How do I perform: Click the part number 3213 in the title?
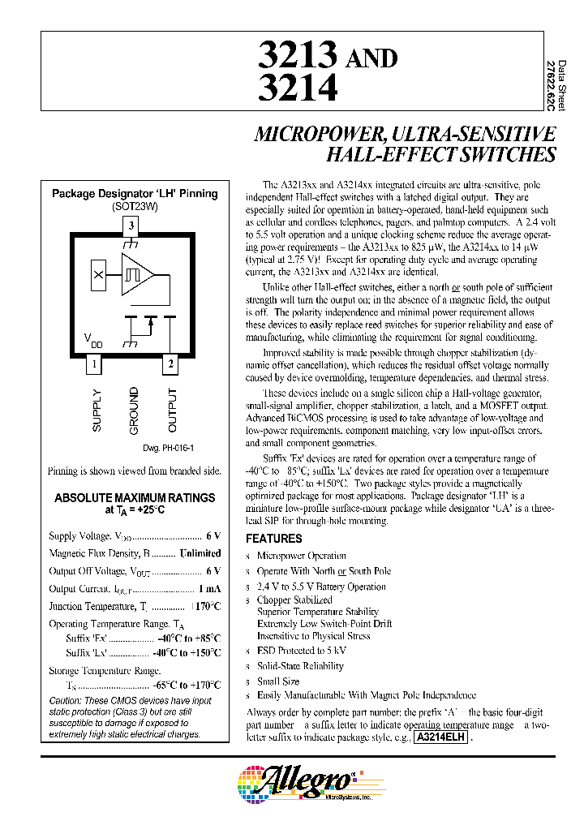297,56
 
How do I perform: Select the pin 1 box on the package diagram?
95,364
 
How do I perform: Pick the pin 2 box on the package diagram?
171,364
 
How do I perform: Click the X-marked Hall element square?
99,275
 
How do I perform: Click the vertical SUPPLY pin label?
97,410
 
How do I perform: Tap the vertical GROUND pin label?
134,410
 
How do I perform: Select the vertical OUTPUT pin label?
172,410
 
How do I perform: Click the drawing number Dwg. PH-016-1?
168,448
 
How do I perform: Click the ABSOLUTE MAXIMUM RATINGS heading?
135,497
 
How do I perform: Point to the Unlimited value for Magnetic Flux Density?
200,553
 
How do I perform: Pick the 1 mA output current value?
209,589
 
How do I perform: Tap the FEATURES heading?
274,539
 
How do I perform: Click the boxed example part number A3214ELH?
441,737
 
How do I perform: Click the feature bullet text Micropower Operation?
302,556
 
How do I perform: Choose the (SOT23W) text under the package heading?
135,206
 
